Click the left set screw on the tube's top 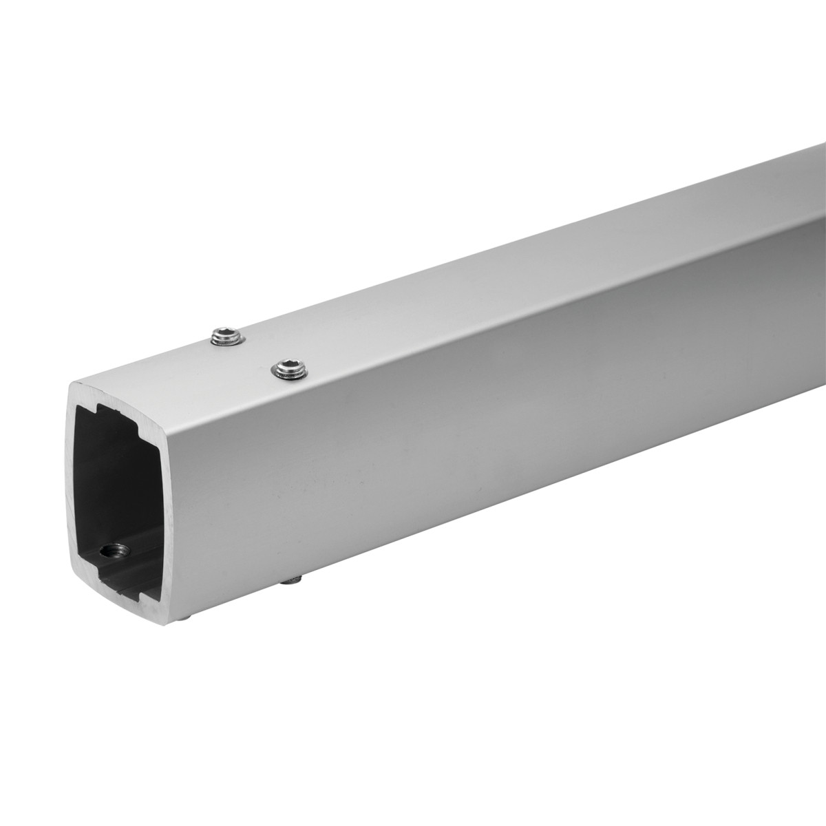click(x=226, y=337)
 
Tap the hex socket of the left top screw click(x=226, y=335)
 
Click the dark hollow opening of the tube click(x=124, y=482)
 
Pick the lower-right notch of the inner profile click(x=148, y=589)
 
